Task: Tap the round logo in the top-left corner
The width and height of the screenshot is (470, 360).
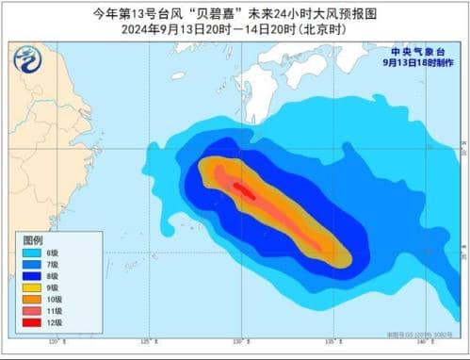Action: point(32,59)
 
